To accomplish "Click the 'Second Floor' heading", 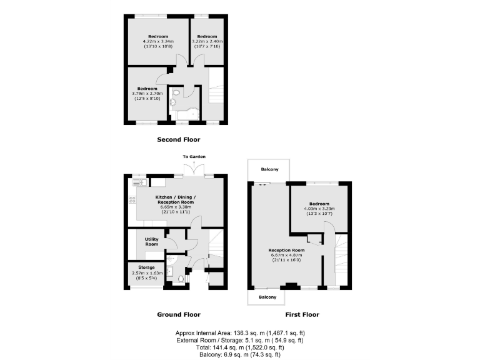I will coord(178,139).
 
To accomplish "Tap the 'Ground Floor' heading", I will coord(178,314).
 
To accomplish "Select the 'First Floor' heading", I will coord(303,314).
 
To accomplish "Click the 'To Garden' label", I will coord(194,156).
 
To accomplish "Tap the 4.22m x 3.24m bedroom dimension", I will coord(158,42).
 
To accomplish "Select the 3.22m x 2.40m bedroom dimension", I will coord(206,42).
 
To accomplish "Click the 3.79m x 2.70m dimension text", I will coord(147,94).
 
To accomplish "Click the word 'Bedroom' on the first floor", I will coord(319,204).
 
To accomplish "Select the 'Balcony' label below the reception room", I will coord(267,297).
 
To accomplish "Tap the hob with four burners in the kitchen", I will coord(132,200).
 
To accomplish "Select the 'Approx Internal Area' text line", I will coord(240,332).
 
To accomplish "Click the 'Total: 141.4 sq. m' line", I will coord(240,347).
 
